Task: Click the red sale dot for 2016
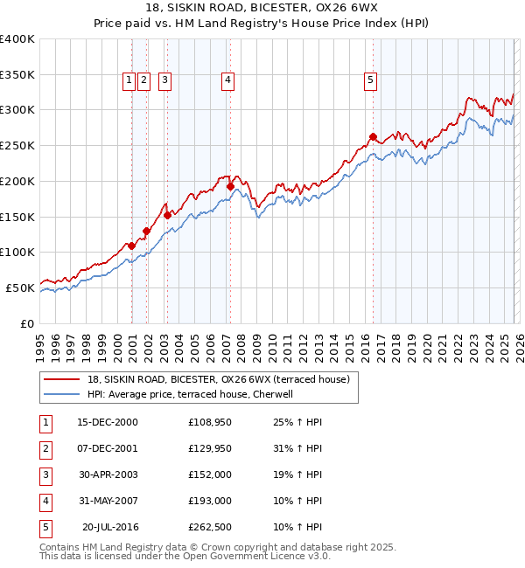pyautogui.click(x=373, y=136)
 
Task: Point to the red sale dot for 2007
pyautogui.click(x=230, y=186)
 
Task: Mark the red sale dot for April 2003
pyautogui.click(x=166, y=215)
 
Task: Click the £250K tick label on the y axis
pyautogui.click(x=17, y=145)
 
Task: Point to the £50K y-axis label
pyautogui.click(x=20, y=287)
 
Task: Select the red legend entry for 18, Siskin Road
pyautogui.click(x=218, y=379)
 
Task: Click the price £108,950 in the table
pyautogui.click(x=207, y=422)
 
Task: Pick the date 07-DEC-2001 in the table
pyautogui.click(x=108, y=448)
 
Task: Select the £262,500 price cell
pyautogui.click(x=207, y=527)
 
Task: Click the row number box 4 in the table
pyautogui.click(x=44, y=501)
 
